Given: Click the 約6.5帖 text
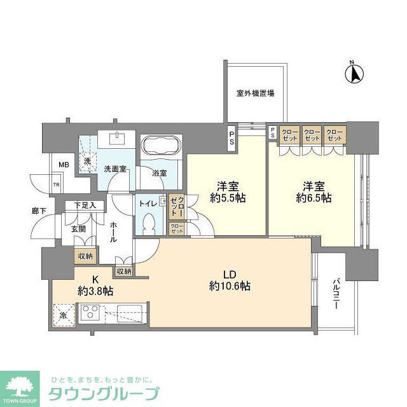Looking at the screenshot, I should (316, 198).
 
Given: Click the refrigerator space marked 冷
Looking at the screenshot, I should (63, 314).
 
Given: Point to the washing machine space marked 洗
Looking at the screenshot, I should (88, 161).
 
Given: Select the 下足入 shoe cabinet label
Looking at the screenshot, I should (85, 205).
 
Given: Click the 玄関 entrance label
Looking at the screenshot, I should (78, 228).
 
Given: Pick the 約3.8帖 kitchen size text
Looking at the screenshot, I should (96, 291).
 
